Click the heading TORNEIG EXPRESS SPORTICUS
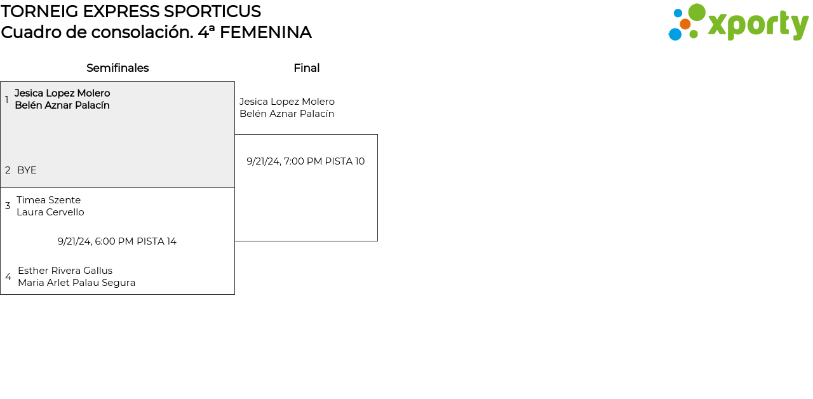tap(131, 11)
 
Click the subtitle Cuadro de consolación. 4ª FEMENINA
tap(156, 32)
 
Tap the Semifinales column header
tap(118, 68)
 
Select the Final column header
tap(307, 68)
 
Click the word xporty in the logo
tap(758, 25)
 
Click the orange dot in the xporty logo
tap(685, 24)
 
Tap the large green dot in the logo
tap(697, 12)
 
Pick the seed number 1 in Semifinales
tap(7, 100)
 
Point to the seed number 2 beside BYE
tap(8, 170)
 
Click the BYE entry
tap(27, 170)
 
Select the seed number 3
tap(8, 206)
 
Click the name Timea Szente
tap(49, 200)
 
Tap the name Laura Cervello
tap(50, 212)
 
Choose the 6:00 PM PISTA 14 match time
tap(117, 241)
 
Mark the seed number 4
tap(8, 277)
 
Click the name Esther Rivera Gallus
tap(65, 271)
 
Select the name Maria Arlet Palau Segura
tap(77, 283)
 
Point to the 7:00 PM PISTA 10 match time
tap(306, 161)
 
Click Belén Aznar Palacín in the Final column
tap(286, 114)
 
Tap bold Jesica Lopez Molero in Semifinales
tap(62, 93)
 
